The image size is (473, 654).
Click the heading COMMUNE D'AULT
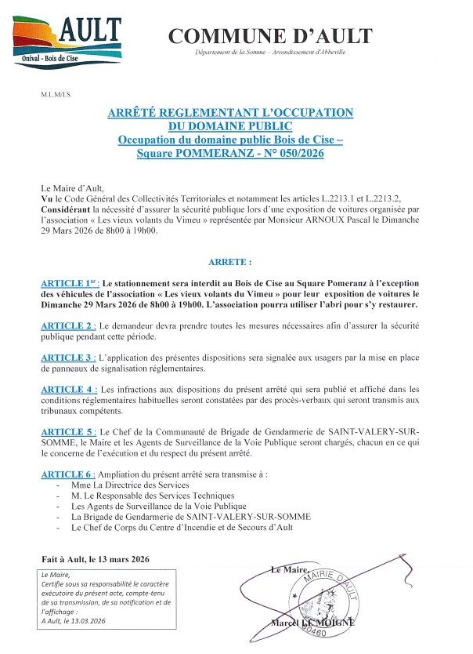(270, 35)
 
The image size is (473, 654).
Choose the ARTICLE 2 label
(68, 325)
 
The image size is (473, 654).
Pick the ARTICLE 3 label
(68, 357)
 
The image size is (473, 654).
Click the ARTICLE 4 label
(68, 389)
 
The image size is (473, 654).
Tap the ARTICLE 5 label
(68, 431)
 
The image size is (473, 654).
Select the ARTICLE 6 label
(68, 474)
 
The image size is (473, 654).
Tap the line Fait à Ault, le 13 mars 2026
(95, 559)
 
